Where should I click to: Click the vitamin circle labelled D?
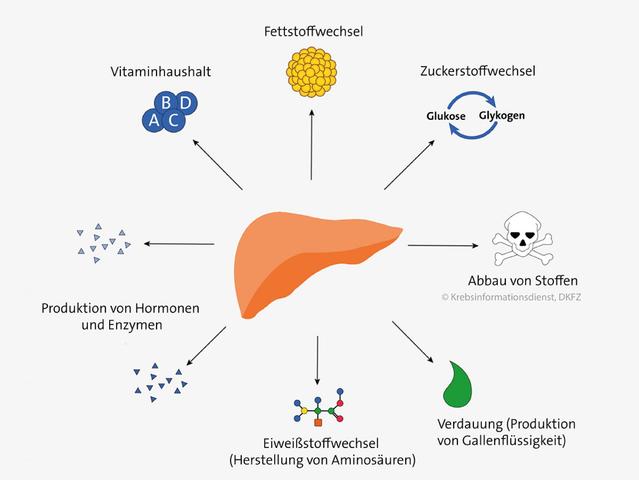pyautogui.click(x=185, y=102)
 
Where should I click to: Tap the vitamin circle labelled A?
pyautogui.click(x=154, y=120)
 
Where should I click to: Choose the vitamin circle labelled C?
pyautogui.click(x=175, y=120)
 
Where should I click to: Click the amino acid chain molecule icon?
pyautogui.click(x=319, y=406)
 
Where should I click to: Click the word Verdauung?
pyautogui.click(x=467, y=423)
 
